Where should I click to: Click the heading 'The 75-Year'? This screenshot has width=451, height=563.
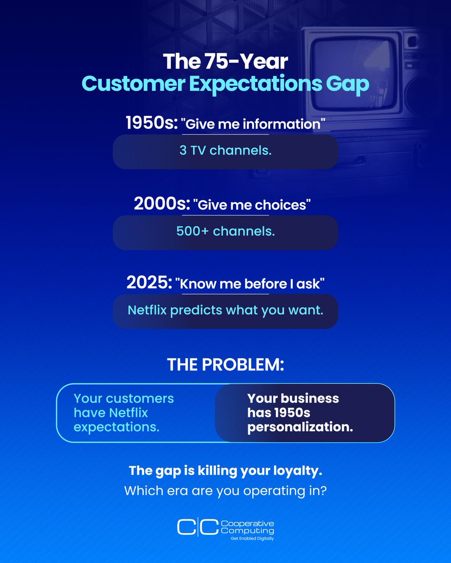(x=225, y=61)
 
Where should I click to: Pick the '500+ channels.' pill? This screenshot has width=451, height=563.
(x=225, y=232)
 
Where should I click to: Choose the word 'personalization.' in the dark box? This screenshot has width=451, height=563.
(x=300, y=427)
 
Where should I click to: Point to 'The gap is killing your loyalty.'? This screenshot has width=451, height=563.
(x=225, y=470)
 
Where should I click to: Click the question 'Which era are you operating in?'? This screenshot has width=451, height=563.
(x=225, y=491)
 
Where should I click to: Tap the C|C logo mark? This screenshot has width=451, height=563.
(x=197, y=527)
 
